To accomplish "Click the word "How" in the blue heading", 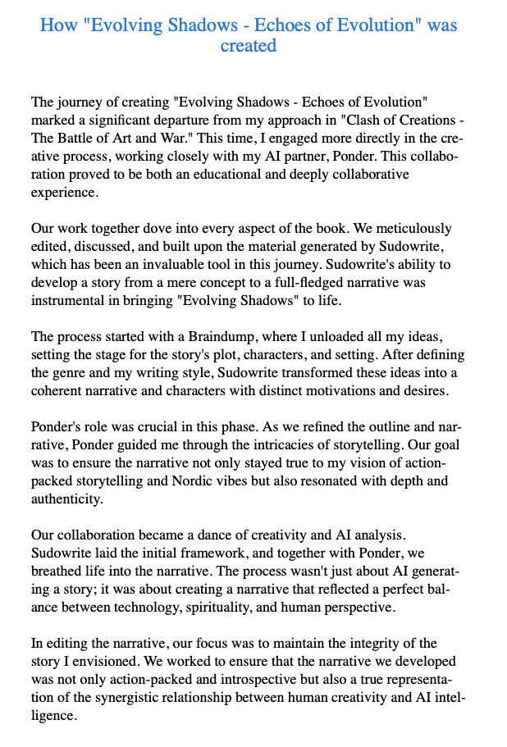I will pyautogui.click(x=58, y=25).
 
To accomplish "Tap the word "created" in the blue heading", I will pyautogui.click(x=249, y=45).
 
